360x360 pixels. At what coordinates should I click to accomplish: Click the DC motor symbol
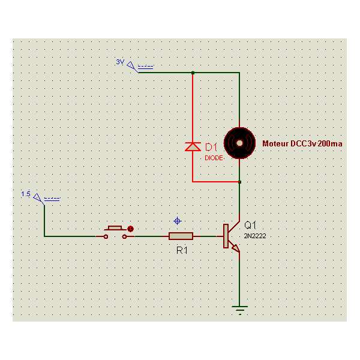click(239, 143)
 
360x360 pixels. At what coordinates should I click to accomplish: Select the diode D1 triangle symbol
click(193, 146)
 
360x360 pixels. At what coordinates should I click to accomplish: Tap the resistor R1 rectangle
click(181, 236)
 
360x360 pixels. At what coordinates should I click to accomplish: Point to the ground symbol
click(239, 310)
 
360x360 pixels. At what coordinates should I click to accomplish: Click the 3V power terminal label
click(119, 62)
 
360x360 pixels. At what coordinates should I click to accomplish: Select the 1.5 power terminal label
click(26, 194)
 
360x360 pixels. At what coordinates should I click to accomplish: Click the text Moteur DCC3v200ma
click(302, 144)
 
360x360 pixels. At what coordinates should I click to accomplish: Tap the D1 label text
click(211, 147)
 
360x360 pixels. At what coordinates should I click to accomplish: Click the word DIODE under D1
click(214, 157)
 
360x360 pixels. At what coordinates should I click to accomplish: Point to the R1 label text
click(182, 250)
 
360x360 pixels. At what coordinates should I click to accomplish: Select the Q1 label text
click(251, 226)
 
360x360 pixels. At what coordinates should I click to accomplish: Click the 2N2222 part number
click(255, 236)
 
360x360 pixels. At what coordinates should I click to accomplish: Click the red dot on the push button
click(130, 229)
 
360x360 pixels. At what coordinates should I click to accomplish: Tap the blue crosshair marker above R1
click(176, 220)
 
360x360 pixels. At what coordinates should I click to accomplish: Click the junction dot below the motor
click(239, 181)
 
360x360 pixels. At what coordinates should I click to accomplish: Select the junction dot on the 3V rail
click(193, 73)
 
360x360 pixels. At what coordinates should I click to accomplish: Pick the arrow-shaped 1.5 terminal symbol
click(39, 197)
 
